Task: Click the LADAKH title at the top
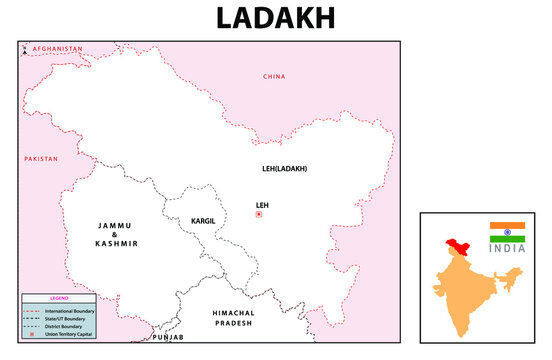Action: click(276, 18)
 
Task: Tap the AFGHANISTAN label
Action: click(57, 49)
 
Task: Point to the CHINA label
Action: click(274, 76)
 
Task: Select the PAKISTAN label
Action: click(41, 159)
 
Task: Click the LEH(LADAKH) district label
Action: click(284, 168)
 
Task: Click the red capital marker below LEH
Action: click(259, 215)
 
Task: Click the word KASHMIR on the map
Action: click(116, 244)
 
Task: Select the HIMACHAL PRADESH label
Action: click(236, 318)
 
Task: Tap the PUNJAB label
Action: click(167, 338)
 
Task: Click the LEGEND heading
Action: click(60, 298)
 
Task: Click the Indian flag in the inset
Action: click(507, 232)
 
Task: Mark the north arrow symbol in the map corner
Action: click(24, 49)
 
